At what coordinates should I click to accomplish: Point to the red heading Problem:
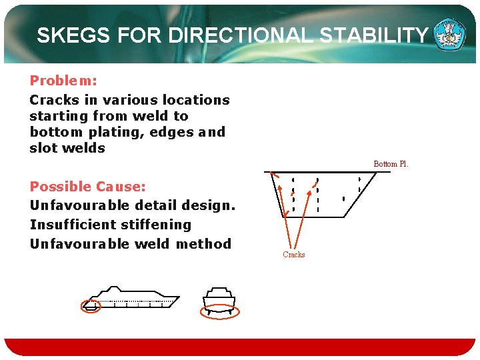coord(63,81)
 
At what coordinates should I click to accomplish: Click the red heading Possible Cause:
coord(87,187)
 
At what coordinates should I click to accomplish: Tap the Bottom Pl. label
coord(391,164)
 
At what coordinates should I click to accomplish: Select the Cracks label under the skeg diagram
coord(293,255)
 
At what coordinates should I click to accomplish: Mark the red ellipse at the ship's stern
coord(90,306)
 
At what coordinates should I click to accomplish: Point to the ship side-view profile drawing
coord(133,297)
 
